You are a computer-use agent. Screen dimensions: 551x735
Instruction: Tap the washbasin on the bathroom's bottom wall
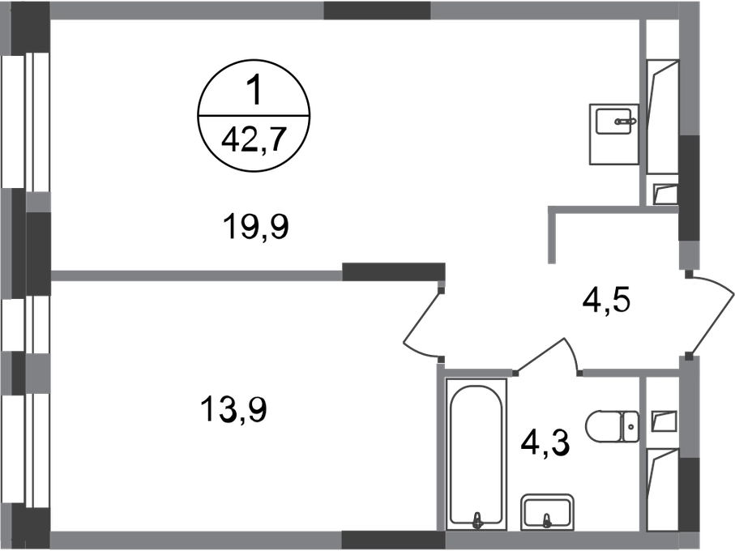(x=547, y=510)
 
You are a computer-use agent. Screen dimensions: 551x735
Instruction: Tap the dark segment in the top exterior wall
(x=376, y=11)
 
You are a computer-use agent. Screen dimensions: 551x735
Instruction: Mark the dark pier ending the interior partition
(x=394, y=271)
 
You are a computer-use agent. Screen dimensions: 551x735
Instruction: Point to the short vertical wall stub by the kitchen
(x=551, y=239)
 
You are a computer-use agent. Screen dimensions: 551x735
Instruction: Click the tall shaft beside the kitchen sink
(x=661, y=113)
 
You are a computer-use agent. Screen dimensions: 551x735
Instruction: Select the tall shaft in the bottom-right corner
(x=661, y=489)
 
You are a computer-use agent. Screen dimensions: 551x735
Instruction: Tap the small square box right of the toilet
(x=662, y=421)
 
